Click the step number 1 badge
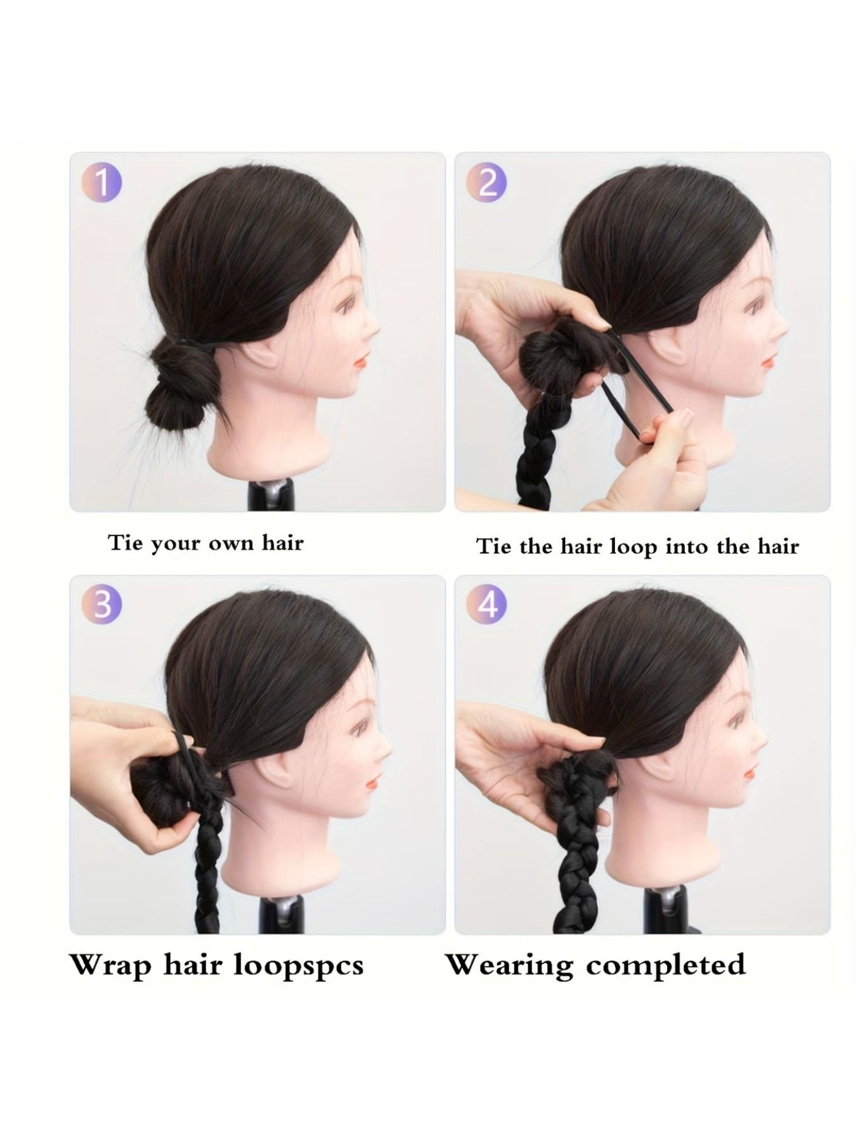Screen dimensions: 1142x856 (101, 182)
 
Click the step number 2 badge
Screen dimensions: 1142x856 (486, 182)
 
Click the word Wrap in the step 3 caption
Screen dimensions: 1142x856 (111, 965)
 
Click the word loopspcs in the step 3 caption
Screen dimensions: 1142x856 (299, 966)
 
